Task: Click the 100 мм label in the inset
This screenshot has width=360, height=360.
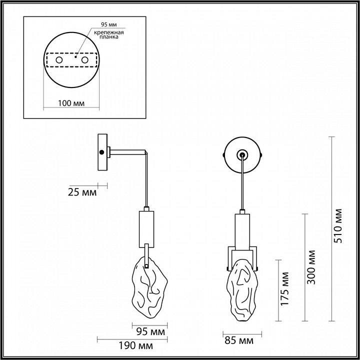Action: click(x=69, y=103)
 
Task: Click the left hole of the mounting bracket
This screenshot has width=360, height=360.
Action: click(x=59, y=60)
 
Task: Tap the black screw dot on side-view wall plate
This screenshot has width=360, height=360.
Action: click(x=102, y=151)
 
